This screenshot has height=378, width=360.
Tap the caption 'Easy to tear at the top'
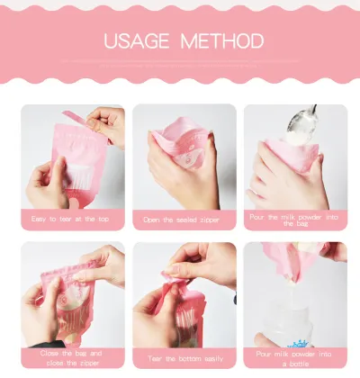pyautogui.click(x=71, y=218)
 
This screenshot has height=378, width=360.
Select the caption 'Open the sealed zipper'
pyautogui.click(x=183, y=219)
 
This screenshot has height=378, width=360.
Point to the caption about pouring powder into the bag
pyautogui.click(x=294, y=219)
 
